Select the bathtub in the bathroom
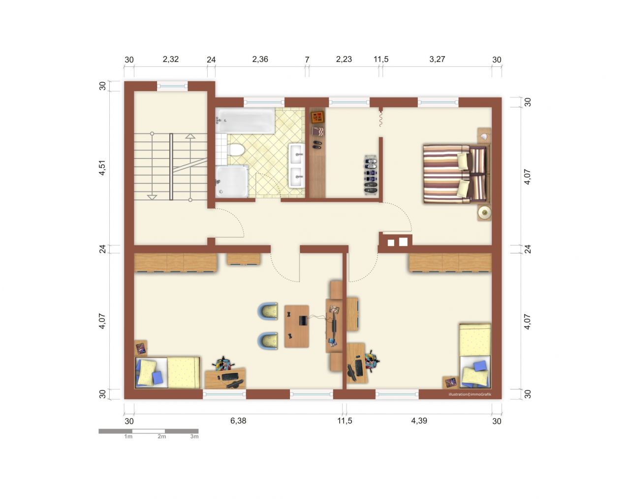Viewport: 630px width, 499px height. coord(245,120)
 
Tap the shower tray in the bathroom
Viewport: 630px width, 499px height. coord(232,181)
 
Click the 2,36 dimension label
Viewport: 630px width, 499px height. coord(260,59)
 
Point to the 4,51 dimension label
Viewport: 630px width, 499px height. coord(102,168)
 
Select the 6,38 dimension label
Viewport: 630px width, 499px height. coord(238,421)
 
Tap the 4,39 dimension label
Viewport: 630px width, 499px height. coord(419,421)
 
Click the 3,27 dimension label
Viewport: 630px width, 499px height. coord(437,59)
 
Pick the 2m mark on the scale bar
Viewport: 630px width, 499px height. coord(161,437)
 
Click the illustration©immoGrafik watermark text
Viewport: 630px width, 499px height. coord(470,394)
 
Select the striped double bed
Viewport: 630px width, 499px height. coord(457,174)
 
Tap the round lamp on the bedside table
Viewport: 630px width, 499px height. coord(484,212)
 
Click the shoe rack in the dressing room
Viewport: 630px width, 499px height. coord(371,174)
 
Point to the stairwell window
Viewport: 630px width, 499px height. coord(172,86)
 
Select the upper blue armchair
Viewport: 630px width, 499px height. coord(268,311)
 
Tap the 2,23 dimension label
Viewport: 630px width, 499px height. coord(344,59)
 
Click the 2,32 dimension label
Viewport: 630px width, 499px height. coord(170,59)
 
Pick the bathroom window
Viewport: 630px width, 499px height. coord(264,102)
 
